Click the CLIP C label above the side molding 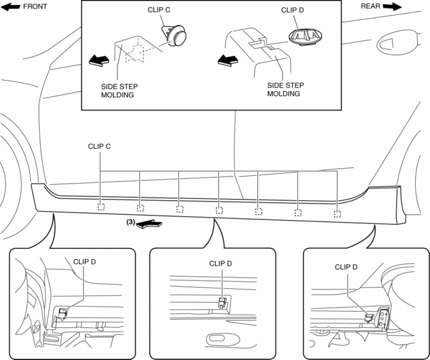point(99,147)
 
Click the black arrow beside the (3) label point(150,223)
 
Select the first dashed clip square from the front point(101,207)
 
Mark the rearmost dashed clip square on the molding point(337,213)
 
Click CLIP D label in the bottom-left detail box point(85,261)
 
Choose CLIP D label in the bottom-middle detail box point(221,263)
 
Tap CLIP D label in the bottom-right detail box point(347,267)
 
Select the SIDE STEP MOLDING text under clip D point(284,89)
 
